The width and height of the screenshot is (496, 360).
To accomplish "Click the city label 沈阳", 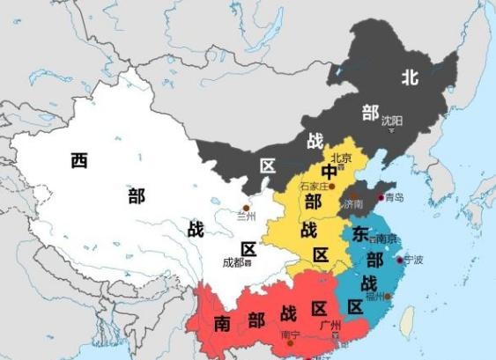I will (x=392, y=118).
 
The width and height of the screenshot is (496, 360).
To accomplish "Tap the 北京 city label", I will (x=341, y=158).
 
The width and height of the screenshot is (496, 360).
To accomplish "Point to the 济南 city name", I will (x=354, y=203).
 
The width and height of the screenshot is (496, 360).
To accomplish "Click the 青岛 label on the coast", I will (x=394, y=198).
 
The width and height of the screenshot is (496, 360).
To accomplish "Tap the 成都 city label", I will (x=233, y=261).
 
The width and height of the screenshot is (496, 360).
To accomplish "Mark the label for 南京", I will (x=386, y=239).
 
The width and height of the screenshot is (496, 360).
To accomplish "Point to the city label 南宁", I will (x=290, y=334).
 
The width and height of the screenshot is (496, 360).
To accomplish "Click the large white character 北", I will (x=409, y=77).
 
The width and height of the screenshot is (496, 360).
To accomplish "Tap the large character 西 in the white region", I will (x=79, y=160).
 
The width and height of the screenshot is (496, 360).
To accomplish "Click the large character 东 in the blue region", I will (x=360, y=235).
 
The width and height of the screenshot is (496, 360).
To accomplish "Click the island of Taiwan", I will (x=406, y=321).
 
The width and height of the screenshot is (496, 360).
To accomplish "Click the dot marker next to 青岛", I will (x=381, y=198).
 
